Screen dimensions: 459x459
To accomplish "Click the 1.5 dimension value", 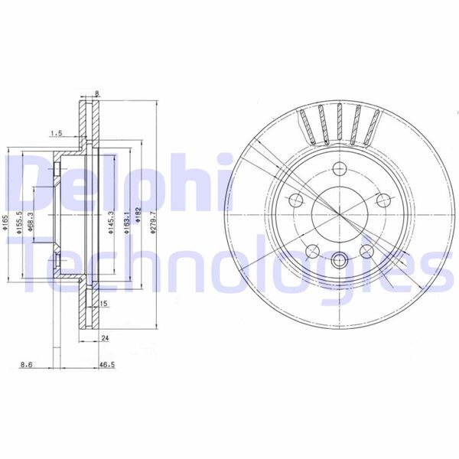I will pyautogui.click(x=56, y=133).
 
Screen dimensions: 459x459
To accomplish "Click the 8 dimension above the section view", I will pyautogui.click(x=97, y=94).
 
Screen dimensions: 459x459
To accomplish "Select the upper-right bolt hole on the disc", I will pyautogui.click(x=385, y=200).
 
